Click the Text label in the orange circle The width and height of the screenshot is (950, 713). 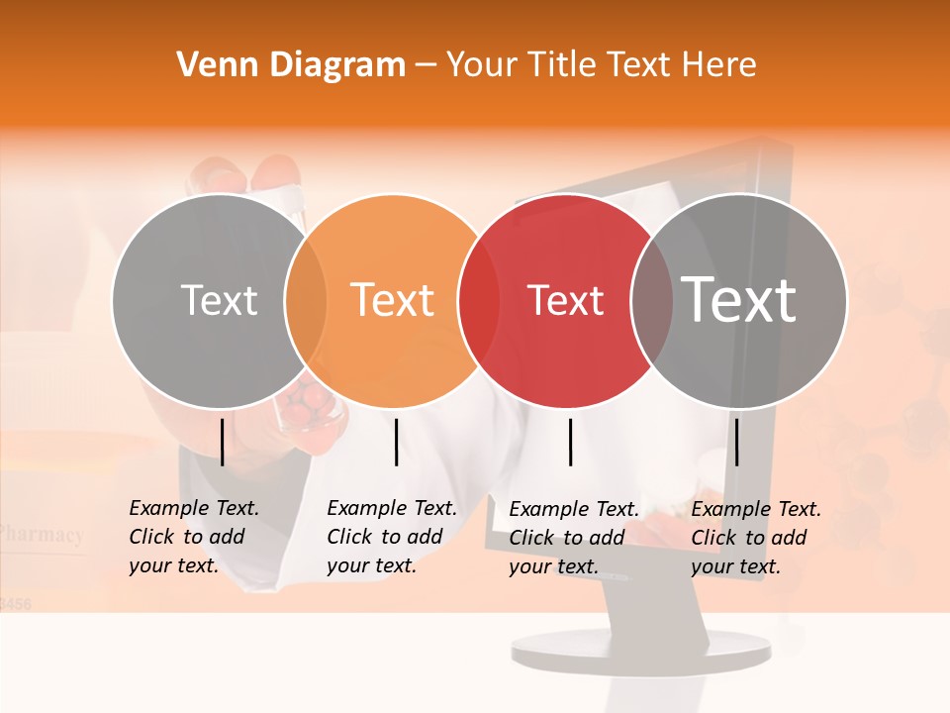point(393,300)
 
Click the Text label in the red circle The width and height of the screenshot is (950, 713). point(565,300)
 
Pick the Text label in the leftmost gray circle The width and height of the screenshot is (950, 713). point(220,300)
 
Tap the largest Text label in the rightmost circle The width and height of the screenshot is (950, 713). point(739,299)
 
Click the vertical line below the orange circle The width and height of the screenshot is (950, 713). point(396,442)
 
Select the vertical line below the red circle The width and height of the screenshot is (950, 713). point(570,442)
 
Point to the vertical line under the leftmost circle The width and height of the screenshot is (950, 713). point(223,442)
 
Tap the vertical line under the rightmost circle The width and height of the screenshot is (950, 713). point(736,442)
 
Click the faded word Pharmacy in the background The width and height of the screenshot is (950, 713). point(42,535)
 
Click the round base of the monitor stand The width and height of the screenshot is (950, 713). point(640,651)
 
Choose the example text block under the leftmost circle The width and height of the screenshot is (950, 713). point(193,537)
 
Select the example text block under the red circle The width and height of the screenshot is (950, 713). point(573,538)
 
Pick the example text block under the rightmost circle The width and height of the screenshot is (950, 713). point(755,538)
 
